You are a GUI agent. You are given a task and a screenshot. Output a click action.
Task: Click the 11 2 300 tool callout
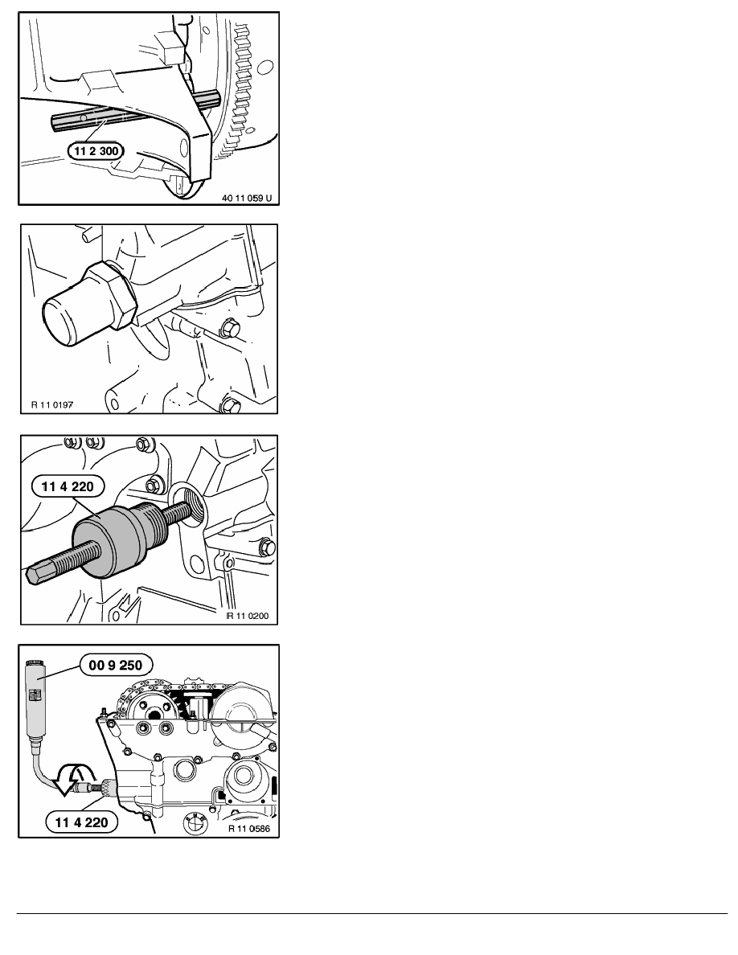(x=96, y=151)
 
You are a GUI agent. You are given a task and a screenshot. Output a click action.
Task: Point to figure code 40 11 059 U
(x=247, y=198)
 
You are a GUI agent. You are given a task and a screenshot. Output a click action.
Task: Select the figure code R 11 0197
(x=52, y=404)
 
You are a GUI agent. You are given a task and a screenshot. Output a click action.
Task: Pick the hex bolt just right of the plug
(x=228, y=327)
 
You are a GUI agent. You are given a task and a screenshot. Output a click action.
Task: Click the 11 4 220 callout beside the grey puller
(x=68, y=486)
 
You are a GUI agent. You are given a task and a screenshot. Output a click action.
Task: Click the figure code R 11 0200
(x=248, y=616)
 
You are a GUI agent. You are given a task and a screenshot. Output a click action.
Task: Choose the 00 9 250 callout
(x=116, y=665)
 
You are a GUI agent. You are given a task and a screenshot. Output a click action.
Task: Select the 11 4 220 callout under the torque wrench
(x=81, y=822)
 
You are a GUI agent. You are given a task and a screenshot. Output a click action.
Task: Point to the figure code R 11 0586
(x=249, y=828)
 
